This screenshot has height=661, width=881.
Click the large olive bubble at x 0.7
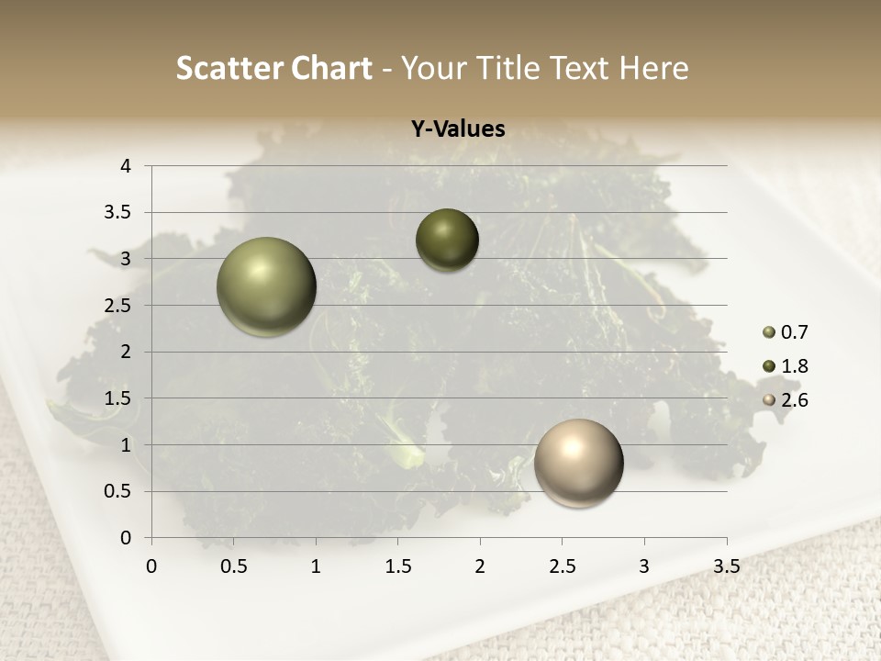tap(267, 287)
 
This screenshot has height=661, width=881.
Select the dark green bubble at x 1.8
tap(447, 241)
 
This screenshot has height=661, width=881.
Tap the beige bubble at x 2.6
tap(578, 464)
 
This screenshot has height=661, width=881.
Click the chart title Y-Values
tap(458, 129)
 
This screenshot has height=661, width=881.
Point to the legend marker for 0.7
tap(769, 333)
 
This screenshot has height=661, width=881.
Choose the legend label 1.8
tap(794, 366)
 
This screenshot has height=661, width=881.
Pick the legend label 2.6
tap(794, 400)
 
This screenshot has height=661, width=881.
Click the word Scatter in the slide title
tap(227, 68)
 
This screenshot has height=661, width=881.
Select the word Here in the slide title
tap(653, 68)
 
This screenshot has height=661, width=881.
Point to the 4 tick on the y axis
tap(126, 166)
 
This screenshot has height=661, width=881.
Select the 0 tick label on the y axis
tap(126, 538)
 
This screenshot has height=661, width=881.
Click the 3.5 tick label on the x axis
tap(726, 566)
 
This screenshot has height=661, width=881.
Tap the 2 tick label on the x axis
tap(480, 566)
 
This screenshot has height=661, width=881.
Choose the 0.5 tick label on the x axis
tap(234, 566)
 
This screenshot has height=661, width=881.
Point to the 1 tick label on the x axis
tap(316, 566)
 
